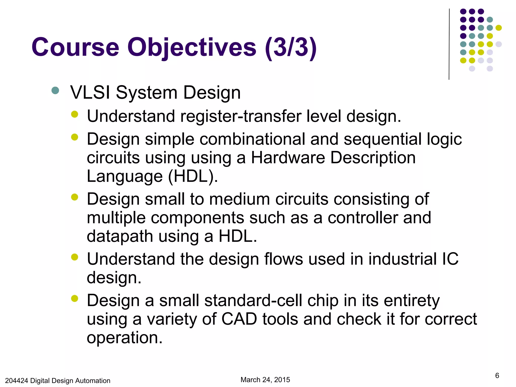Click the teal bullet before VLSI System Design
[x=55, y=90]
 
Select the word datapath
[x=120, y=236]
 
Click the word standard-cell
[x=253, y=301]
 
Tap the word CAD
[x=239, y=319]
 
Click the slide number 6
[x=497, y=375]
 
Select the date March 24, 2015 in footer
[x=265, y=380]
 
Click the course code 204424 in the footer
[x=16, y=380]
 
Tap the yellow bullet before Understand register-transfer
[x=75, y=114]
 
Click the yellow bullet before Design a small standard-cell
[x=75, y=299]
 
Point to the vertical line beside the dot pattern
[x=449, y=44]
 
